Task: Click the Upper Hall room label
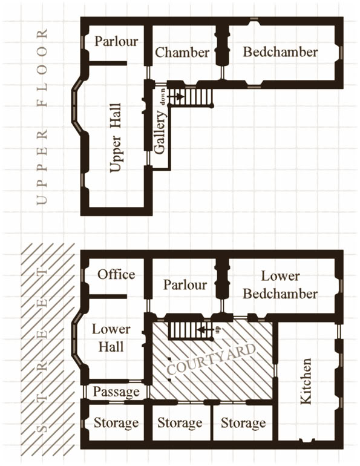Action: [x=116, y=137]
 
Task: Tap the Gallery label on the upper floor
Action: [x=160, y=133]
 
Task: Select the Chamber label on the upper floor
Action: [x=182, y=52]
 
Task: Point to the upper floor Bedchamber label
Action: [x=280, y=52]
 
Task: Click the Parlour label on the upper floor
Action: [x=116, y=41]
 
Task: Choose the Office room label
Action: [x=116, y=274]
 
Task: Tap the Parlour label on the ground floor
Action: [x=185, y=284]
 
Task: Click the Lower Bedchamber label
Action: [x=280, y=285]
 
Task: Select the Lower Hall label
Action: [x=111, y=338]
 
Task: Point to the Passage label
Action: [x=116, y=392]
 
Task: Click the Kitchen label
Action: [x=306, y=381]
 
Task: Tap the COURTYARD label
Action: [x=211, y=359]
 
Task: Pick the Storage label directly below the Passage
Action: [x=116, y=423]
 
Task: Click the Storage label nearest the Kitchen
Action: [x=243, y=423]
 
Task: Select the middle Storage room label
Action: [x=180, y=423]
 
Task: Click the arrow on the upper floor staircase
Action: [x=175, y=96]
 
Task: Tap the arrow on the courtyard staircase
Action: [x=206, y=330]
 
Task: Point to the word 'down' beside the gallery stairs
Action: [x=163, y=96]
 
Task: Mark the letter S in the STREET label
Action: [x=42, y=428]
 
